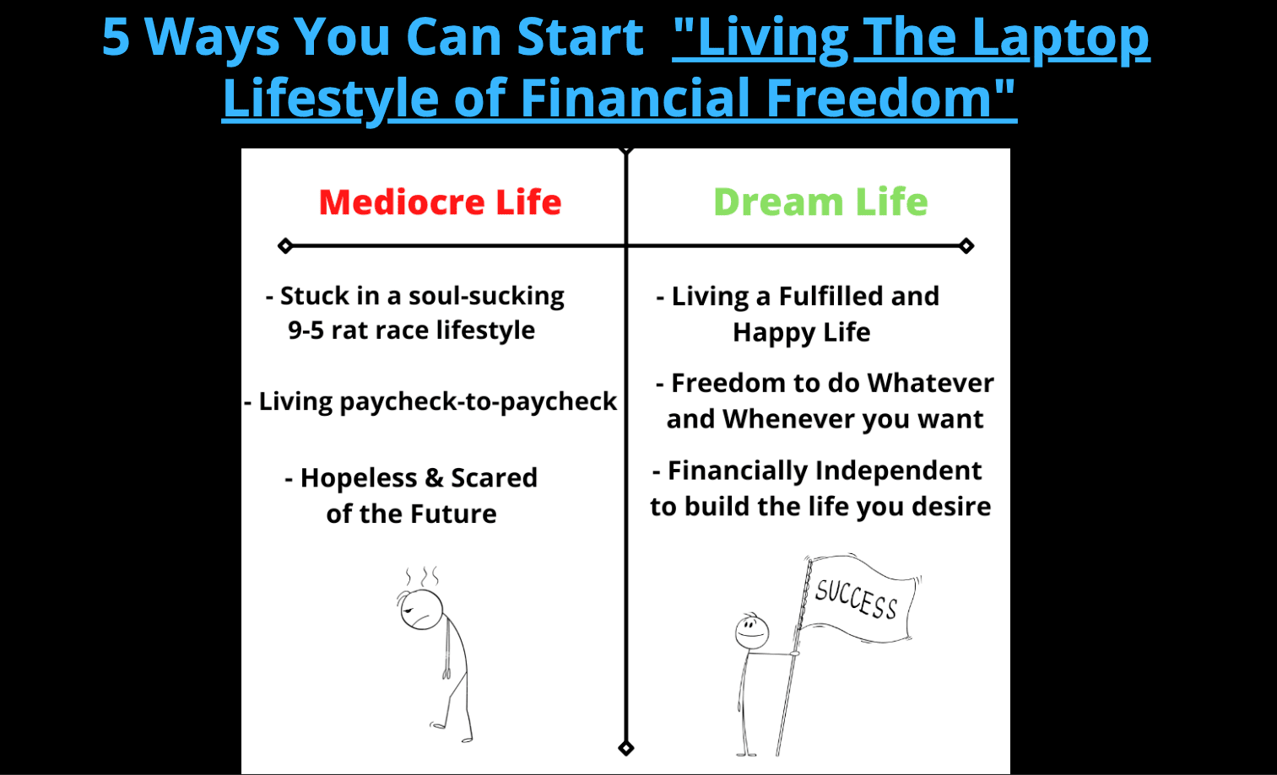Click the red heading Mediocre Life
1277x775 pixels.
(440, 202)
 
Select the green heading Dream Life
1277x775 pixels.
(821, 202)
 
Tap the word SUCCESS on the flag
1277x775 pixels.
(856, 599)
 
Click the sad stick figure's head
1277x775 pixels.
(421, 609)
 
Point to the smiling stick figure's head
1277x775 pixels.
(752, 631)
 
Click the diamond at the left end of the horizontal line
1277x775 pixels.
(285, 246)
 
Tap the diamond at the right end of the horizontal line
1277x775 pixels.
(966, 246)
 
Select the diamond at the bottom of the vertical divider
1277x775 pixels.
(626, 748)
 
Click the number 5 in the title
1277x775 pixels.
(116, 37)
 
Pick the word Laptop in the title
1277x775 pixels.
(1061, 38)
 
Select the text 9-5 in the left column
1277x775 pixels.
(306, 331)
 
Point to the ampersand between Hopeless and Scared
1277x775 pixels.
(434, 478)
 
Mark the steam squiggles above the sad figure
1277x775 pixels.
(422, 576)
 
